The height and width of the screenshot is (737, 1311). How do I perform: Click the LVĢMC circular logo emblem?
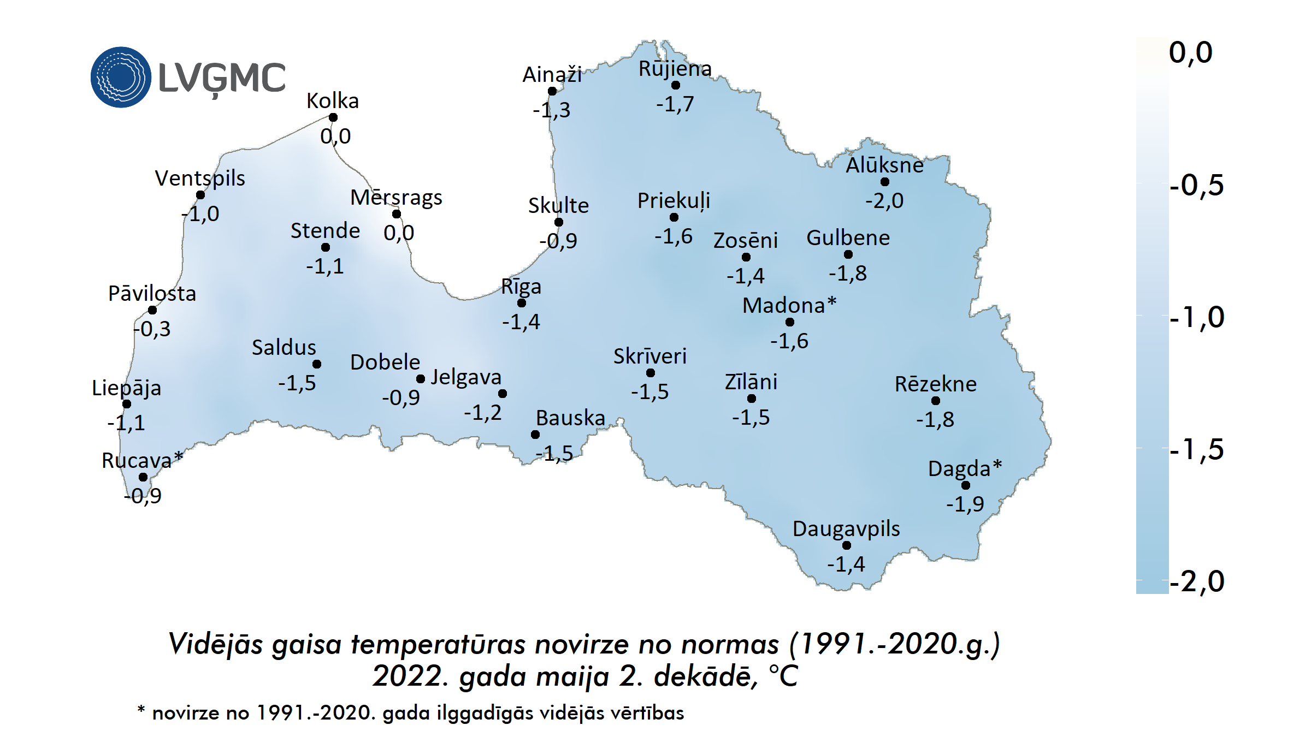tap(121, 77)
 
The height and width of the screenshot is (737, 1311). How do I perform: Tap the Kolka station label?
tap(333, 101)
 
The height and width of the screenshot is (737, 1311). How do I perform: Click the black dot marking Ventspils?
tap(200, 195)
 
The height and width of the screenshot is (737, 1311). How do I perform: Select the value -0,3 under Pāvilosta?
tap(152, 329)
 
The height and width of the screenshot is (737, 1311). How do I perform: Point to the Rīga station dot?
tap(522, 303)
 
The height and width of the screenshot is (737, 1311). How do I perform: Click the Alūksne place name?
tap(884, 165)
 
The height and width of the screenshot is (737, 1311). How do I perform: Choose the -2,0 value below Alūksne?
tap(884, 200)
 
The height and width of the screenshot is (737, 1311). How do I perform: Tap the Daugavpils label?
tap(846, 528)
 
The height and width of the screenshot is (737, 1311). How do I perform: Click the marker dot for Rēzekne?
tap(936, 401)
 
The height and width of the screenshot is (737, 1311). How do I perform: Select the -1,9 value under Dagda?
tap(965, 503)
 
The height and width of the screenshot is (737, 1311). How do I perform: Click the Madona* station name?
tap(789, 305)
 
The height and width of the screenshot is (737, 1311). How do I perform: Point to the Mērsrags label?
tap(396, 198)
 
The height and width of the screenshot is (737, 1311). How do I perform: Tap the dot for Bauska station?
tap(535, 435)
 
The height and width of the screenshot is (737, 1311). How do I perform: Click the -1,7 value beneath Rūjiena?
tap(675, 104)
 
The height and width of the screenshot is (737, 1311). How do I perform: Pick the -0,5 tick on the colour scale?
tap(1196, 185)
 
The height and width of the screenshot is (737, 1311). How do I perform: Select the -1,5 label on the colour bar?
tap(1196, 450)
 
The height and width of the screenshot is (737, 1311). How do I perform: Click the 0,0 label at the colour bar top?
tap(1190, 52)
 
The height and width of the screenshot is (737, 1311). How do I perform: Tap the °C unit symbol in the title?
tap(783, 676)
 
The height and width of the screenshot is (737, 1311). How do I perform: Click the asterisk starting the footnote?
tap(141, 710)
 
